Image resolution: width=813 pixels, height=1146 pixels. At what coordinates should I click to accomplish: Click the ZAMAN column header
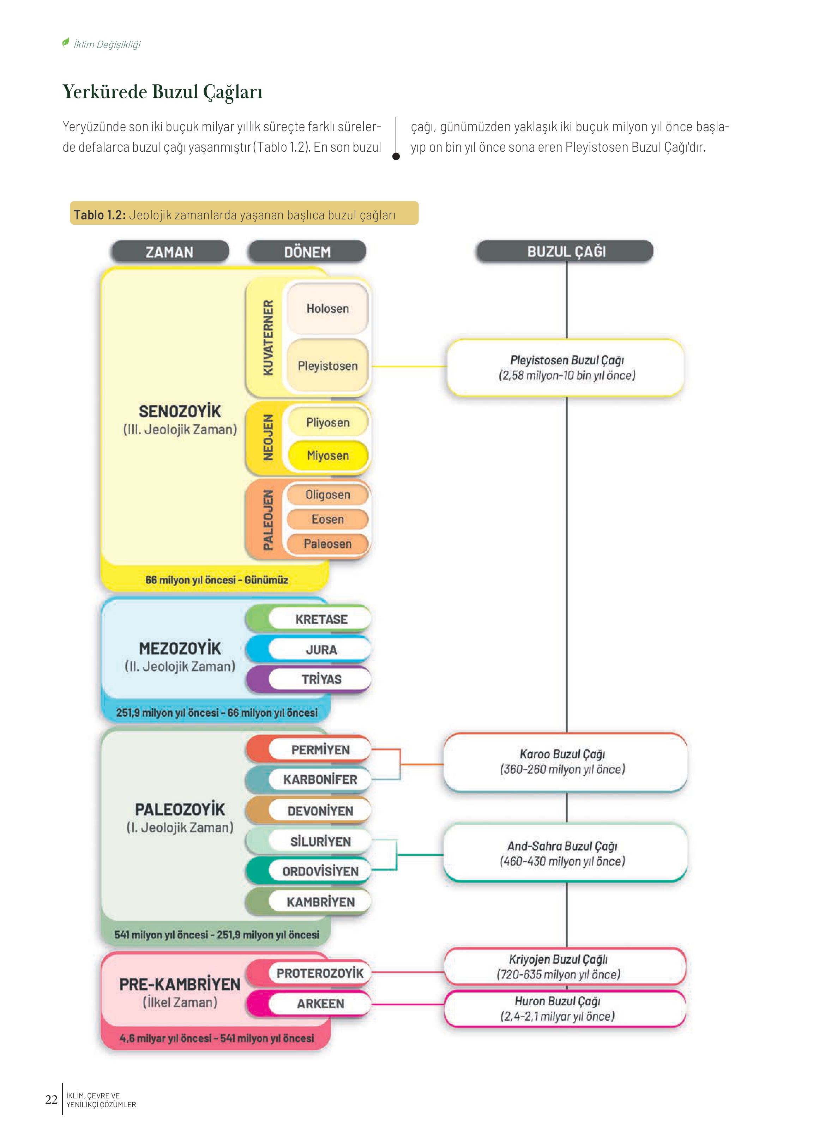click(170, 252)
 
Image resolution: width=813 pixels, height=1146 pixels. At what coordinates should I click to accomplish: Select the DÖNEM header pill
click(307, 252)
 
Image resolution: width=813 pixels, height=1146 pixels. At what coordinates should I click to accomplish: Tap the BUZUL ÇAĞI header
click(565, 251)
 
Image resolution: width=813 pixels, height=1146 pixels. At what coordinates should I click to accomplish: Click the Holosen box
click(328, 309)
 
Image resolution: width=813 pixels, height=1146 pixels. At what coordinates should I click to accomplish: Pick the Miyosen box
click(328, 455)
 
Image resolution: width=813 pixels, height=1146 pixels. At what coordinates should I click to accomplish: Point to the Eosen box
click(328, 520)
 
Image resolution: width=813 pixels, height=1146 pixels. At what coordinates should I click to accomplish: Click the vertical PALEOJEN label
click(269, 520)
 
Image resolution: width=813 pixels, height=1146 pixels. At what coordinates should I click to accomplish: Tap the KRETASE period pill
click(309, 619)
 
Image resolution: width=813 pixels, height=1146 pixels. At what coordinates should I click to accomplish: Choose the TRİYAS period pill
click(309, 679)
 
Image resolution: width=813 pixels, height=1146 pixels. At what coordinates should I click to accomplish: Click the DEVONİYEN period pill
click(309, 811)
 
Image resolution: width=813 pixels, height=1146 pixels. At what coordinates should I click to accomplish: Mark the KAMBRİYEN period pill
click(309, 902)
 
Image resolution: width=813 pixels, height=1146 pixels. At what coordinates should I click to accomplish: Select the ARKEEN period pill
click(309, 1003)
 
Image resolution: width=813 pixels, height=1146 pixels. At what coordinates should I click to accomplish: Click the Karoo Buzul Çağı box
click(565, 762)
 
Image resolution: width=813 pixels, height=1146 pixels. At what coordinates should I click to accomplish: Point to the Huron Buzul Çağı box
click(565, 1008)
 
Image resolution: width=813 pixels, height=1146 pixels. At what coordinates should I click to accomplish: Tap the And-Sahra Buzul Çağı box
click(565, 853)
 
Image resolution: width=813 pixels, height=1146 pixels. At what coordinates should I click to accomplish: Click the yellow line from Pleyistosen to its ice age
click(410, 366)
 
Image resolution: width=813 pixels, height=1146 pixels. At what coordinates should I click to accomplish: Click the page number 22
click(52, 1099)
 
